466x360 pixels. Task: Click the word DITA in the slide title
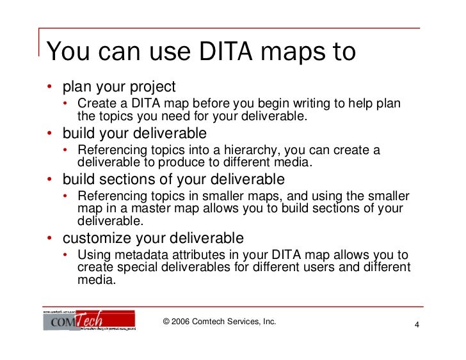214,52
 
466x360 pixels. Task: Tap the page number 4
417,326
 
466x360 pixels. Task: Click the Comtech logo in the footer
89,320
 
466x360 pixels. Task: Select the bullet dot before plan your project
49,86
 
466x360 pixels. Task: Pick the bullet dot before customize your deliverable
49,239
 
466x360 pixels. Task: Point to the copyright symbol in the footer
167,321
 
